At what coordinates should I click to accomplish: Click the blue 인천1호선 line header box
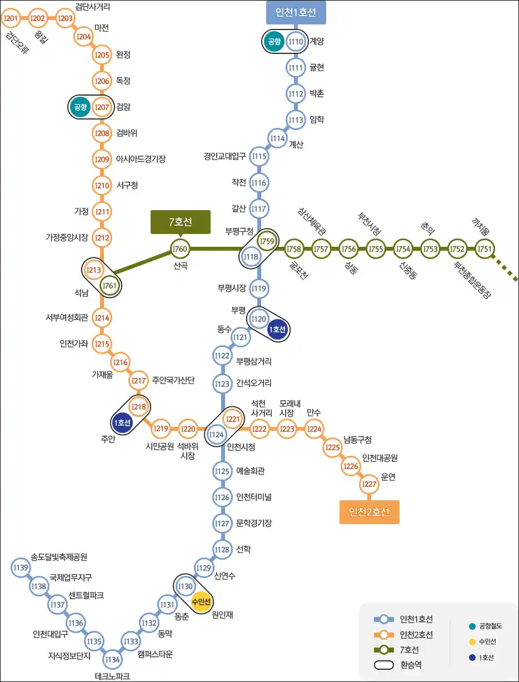296,12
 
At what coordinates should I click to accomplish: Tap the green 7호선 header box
181,222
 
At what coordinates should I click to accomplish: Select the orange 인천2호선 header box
370,512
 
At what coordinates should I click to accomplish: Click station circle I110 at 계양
296,41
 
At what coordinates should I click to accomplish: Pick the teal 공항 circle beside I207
80,107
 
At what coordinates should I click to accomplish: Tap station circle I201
11,18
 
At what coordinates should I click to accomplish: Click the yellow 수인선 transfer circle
201,601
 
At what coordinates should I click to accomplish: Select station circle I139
21,567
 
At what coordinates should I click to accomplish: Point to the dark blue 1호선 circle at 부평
277,330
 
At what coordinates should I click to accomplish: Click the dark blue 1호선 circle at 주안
122,422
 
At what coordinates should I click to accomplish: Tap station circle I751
485,249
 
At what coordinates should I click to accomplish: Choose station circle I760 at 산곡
180,249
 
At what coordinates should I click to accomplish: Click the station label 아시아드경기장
141,159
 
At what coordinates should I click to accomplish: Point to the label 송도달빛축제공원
59,557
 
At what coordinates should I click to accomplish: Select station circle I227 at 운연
370,484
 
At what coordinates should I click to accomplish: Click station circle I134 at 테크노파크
112,659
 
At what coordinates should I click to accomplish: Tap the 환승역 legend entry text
411,665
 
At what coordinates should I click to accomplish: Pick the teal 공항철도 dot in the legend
472,626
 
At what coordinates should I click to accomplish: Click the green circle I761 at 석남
109,286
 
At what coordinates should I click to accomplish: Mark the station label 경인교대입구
224,156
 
